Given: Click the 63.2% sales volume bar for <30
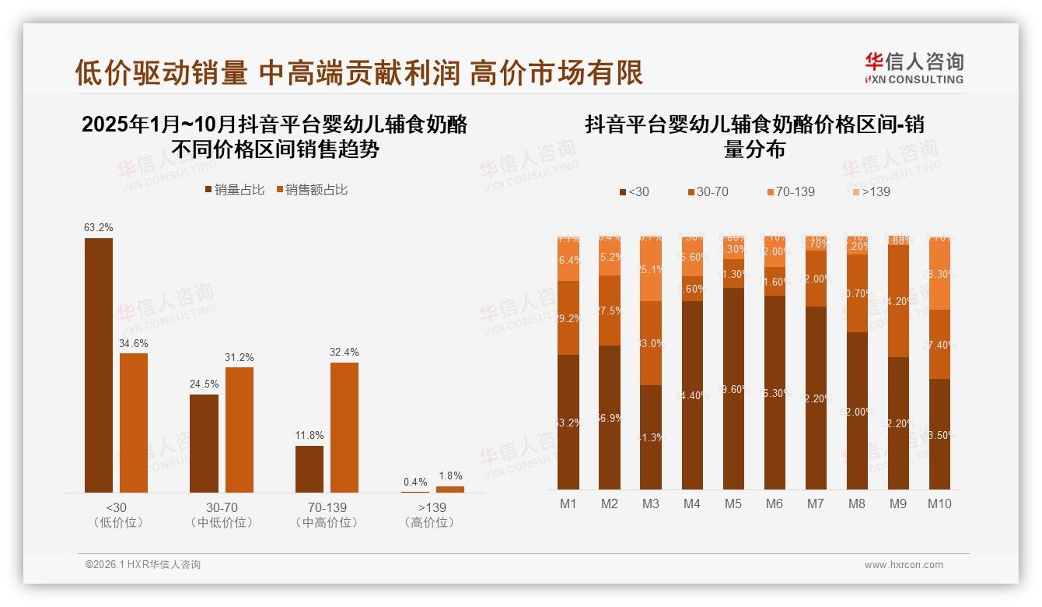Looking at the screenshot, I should pos(99,365).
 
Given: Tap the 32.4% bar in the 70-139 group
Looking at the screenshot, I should pos(344,427).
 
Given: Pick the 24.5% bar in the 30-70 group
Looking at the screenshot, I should pos(204,444).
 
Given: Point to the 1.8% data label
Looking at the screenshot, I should pos(449,475).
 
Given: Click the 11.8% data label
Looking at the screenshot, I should pos(309,435).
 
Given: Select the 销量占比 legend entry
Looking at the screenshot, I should pos(235,190).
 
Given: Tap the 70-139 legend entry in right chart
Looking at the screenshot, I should pos(791,191).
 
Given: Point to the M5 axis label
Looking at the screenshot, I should pos(733,504).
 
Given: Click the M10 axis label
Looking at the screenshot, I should pos(939,504).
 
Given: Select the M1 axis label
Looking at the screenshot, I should pos(568,504).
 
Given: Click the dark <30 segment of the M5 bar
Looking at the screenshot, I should pos(733,388).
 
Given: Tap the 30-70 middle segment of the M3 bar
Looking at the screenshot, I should pos(651,343).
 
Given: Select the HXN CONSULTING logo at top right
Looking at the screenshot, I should pos(914,68).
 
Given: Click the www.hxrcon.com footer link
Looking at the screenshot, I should pos(904,565).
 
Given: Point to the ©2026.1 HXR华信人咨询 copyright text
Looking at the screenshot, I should pos(143,565).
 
